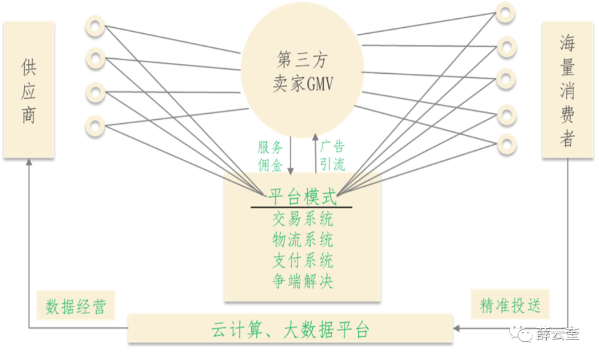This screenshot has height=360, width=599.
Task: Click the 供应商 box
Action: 29,89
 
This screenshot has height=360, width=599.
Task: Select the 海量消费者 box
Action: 567,89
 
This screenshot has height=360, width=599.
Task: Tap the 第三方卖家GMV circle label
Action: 302,72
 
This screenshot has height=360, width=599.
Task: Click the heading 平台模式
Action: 302,197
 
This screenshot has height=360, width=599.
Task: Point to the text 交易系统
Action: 302,220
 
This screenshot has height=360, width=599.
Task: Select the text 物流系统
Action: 302,240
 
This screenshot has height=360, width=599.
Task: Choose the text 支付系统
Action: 302,261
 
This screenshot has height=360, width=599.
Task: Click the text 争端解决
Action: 302,281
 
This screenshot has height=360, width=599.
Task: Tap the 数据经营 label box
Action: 75,306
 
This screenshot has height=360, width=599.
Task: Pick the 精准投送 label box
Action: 510,305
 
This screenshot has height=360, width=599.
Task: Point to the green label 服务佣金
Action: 270,156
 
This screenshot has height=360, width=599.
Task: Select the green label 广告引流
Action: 332,156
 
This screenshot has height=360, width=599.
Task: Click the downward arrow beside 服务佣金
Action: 291,155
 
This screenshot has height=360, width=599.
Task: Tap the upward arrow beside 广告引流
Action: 315,153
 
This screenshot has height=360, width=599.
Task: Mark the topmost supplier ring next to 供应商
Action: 95,26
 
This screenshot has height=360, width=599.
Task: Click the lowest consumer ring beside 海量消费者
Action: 505,143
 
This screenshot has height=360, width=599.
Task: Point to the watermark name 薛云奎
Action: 557,333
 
